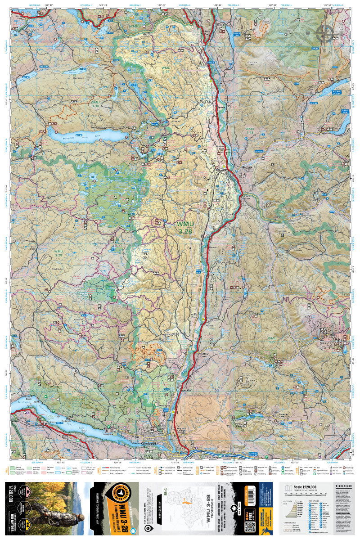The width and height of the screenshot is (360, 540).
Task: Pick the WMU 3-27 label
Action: pyautogui.click(x=273, y=339)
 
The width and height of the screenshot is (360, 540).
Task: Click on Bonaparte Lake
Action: pyautogui.click(x=85, y=135)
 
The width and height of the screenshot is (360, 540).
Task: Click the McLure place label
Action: pyautogui.click(x=213, y=247)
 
